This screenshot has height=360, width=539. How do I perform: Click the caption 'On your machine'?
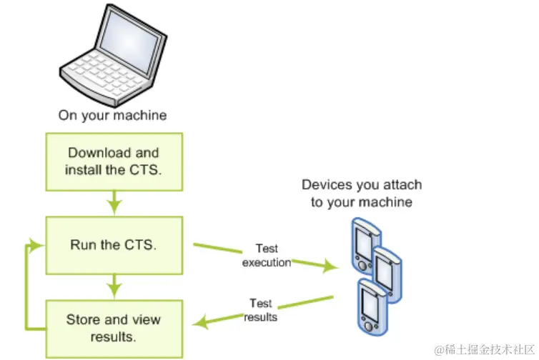click(112, 115)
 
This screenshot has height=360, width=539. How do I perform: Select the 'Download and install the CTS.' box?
click(113, 161)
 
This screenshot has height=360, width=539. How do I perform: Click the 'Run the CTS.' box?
click(113, 245)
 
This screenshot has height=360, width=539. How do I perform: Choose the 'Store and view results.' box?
click(113, 328)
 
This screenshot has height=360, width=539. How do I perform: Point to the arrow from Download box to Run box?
click(113, 203)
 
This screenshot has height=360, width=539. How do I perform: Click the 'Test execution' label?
click(267, 256)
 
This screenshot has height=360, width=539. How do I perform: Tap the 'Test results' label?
click(260, 311)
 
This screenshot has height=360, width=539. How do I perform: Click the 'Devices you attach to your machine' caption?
click(361, 194)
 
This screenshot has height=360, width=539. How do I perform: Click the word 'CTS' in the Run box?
click(140, 245)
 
